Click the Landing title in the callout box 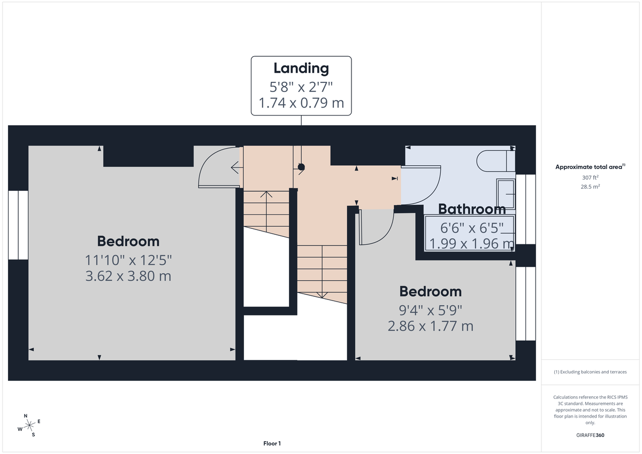[301, 68]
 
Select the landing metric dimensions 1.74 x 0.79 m [301, 103]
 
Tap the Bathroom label [472, 209]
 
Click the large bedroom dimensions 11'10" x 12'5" [128, 260]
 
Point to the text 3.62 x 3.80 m [128, 276]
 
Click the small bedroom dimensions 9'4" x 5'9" [431, 309]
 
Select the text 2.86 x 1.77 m [431, 326]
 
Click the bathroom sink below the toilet [506, 193]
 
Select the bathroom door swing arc [422, 184]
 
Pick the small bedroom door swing [377, 227]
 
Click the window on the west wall [18, 225]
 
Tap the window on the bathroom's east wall [525, 209]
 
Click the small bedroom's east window [525, 303]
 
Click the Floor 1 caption [272, 443]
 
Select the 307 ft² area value [590, 178]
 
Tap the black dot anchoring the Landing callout [301, 167]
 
